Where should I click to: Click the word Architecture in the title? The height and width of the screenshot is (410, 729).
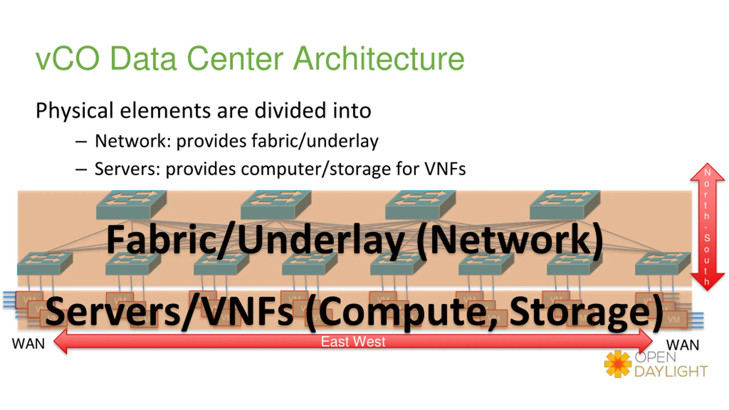click(379, 59)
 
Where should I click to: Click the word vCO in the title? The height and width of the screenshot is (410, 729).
click(67, 59)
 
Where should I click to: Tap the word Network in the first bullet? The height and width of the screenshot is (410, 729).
click(131, 141)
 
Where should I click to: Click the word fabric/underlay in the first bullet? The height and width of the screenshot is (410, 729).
click(315, 141)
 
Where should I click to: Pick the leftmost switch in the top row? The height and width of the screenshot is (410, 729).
click(131, 205)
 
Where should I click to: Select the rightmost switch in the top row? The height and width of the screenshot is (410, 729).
click(565, 205)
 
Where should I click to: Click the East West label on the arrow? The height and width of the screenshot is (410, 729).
click(353, 342)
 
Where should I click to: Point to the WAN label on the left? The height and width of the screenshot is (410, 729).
click(28, 344)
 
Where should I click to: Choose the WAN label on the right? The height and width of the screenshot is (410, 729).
click(682, 345)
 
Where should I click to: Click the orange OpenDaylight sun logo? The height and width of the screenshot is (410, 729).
click(617, 364)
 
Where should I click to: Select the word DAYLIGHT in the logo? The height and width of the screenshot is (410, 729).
click(671, 372)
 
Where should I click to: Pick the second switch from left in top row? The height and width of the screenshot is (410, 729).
click(276, 205)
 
